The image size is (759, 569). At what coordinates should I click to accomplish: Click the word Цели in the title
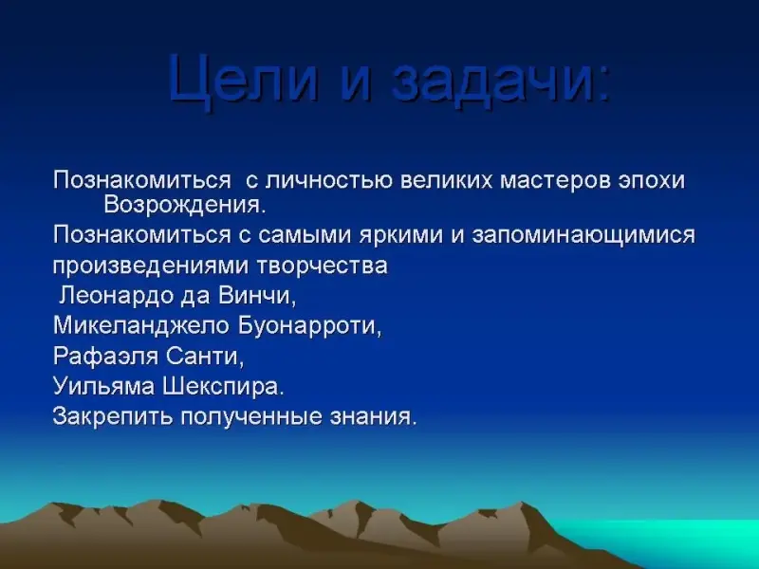coord(244,79)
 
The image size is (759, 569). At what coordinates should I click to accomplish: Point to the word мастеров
coord(555,181)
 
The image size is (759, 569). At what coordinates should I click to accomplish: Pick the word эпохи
coord(652,181)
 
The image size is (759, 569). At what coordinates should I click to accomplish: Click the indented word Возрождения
coord(185,205)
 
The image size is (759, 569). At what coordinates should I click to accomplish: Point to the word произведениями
coord(150,266)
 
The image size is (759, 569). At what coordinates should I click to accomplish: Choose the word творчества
coord(322,266)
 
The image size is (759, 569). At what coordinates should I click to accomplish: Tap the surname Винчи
coord(256,296)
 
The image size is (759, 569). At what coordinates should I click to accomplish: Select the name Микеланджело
coord(140,326)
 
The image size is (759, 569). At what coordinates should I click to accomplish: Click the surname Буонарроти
coord(310,326)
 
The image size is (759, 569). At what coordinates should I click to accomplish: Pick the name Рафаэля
coord(105,357)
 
